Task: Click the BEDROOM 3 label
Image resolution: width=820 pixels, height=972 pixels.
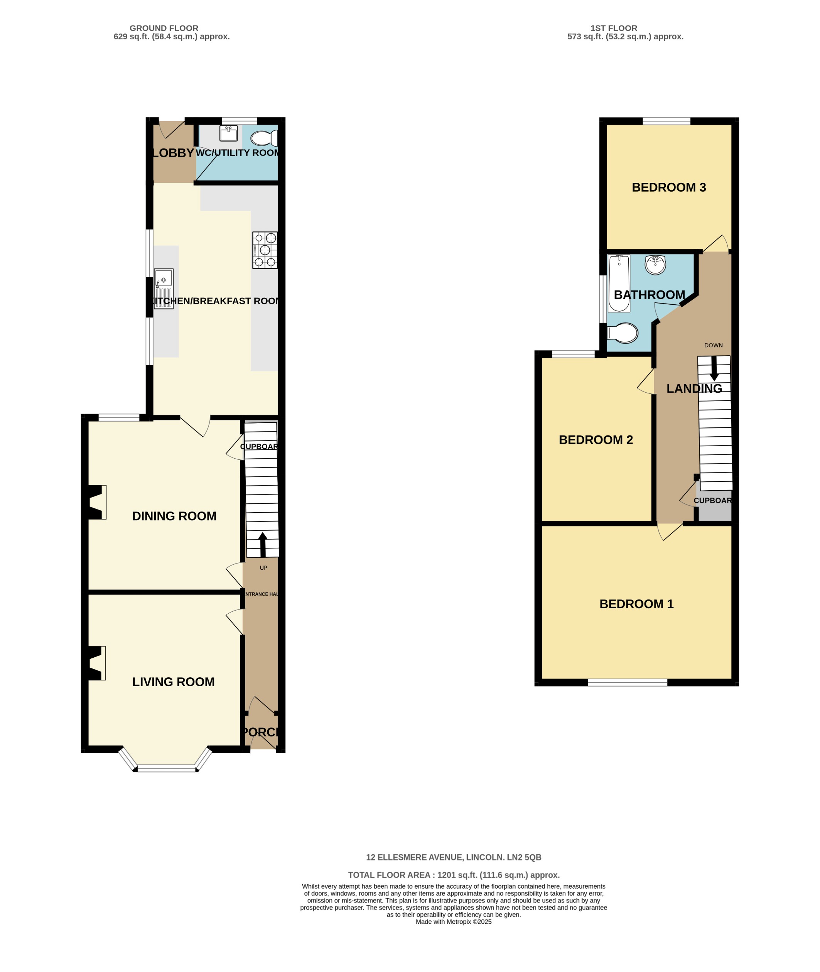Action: (668, 187)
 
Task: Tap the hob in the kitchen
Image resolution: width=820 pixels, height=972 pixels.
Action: (265, 250)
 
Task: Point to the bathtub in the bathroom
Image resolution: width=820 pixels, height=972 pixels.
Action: (619, 283)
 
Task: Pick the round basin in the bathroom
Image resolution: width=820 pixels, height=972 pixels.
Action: (655, 265)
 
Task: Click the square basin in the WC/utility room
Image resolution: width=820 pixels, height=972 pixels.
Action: (228, 133)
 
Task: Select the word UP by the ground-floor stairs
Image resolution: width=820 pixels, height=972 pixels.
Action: (263, 568)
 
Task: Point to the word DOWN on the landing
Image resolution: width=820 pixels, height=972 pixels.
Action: (713, 345)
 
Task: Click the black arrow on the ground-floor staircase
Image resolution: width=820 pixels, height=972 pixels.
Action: (263, 544)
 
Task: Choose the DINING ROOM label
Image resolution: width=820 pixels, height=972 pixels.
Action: (174, 516)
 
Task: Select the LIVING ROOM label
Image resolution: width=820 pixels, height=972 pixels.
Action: (174, 682)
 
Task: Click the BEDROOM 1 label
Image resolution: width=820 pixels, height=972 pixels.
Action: (636, 604)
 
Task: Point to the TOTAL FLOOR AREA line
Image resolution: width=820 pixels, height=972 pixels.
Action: (454, 875)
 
